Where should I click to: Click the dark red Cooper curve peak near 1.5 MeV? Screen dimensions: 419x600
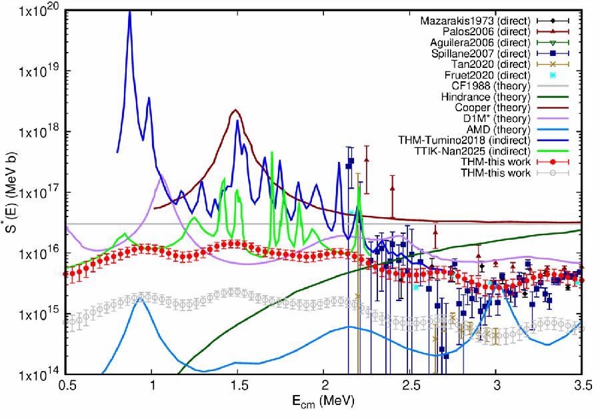(x=235, y=110)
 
